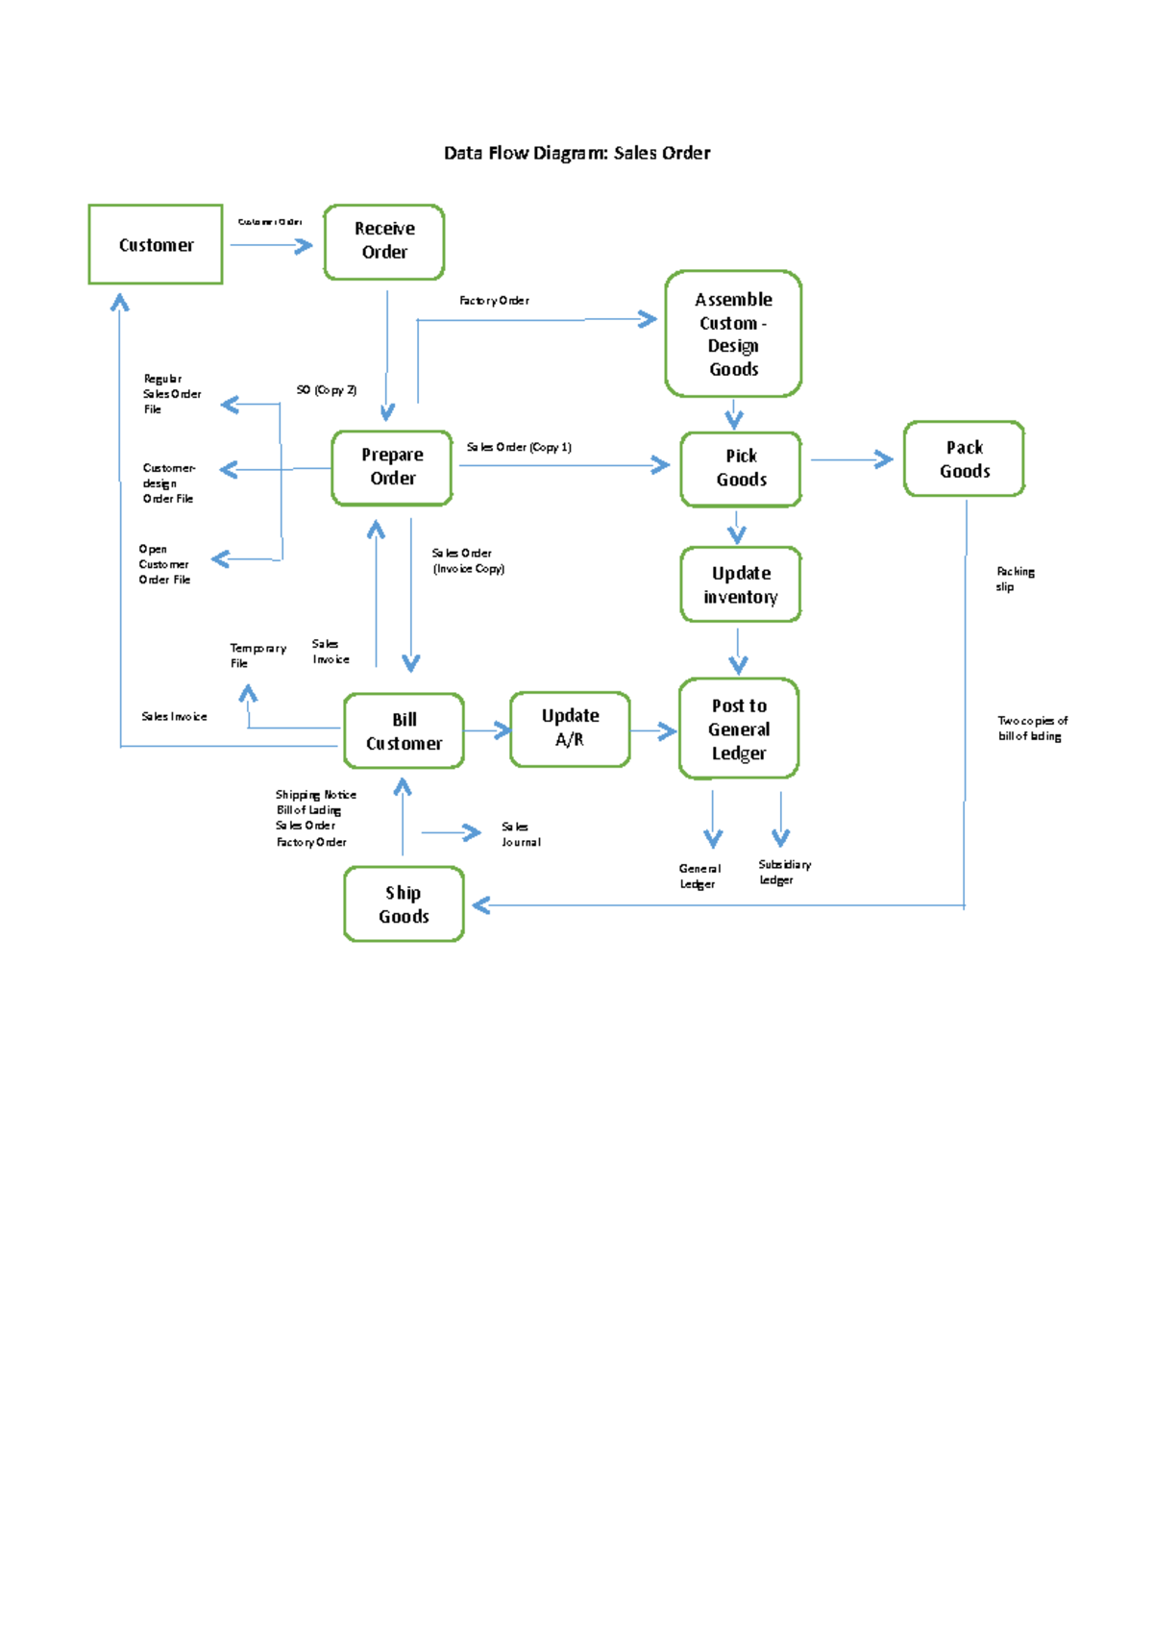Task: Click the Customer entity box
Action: click(156, 244)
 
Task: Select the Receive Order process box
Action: click(384, 241)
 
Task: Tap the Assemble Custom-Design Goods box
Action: click(733, 334)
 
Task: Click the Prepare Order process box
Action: click(392, 467)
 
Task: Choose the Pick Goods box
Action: click(741, 468)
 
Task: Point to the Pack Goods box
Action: click(964, 459)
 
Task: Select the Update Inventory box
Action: click(741, 584)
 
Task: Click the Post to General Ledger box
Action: click(739, 729)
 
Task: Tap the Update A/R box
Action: click(570, 729)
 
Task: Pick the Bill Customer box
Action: click(404, 731)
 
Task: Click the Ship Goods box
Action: click(404, 904)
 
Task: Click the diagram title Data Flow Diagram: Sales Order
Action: click(576, 153)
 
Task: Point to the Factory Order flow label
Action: click(494, 301)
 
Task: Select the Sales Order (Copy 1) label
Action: click(519, 447)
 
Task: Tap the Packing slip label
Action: click(1015, 579)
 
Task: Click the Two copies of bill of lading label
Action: click(1032, 728)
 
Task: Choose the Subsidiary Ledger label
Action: click(784, 872)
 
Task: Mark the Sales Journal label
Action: click(521, 834)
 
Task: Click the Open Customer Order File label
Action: click(164, 564)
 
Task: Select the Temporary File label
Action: click(257, 655)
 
